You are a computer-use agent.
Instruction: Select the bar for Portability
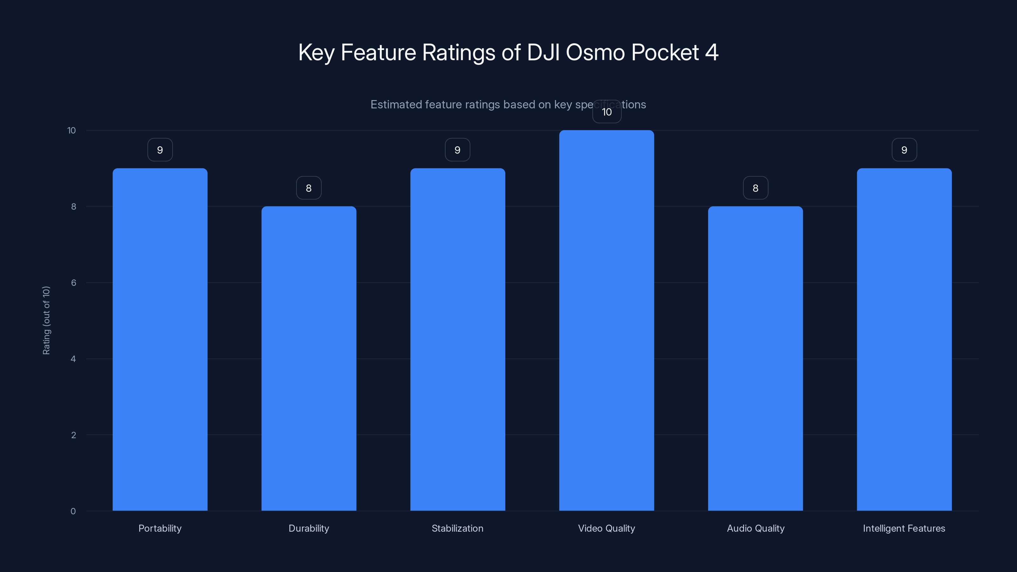pyautogui.click(x=160, y=339)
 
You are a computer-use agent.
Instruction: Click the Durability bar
pyautogui.click(x=309, y=358)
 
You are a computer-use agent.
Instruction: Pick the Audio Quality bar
pyautogui.click(x=755, y=358)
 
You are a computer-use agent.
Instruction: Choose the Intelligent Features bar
pyautogui.click(x=904, y=339)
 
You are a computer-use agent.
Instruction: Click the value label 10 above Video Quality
pyautogui.click(x=607, y=112)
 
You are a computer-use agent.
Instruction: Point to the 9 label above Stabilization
pyautogui.click(x=458, y=150)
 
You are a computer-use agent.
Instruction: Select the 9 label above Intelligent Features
pyautogui.click(x=904, y=150)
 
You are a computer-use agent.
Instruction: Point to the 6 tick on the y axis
pyautogui.click(x=73, y=283)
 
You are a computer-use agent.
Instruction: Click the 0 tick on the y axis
pyautogui.click(x=73, y=511)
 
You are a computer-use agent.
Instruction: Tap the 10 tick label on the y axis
pyautogui.click(x=72, y=130)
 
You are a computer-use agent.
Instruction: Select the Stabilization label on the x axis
pyautogui.click(x=458, y=528)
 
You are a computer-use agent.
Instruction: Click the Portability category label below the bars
pyautogui.click(x=160, y=528)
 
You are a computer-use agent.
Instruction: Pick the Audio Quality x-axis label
pyautogui.click(x=755, y=528)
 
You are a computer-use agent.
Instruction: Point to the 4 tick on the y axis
pyautogui.click(x=73, y=359)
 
